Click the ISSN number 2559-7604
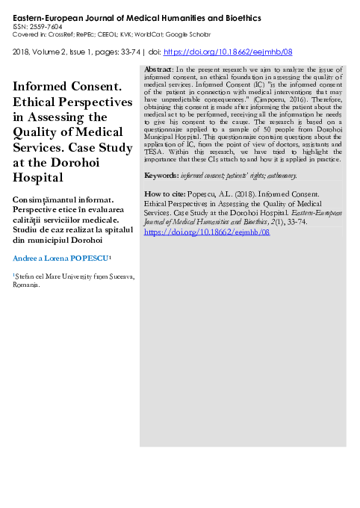(x=46, y=25)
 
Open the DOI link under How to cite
(x=205, y=232)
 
